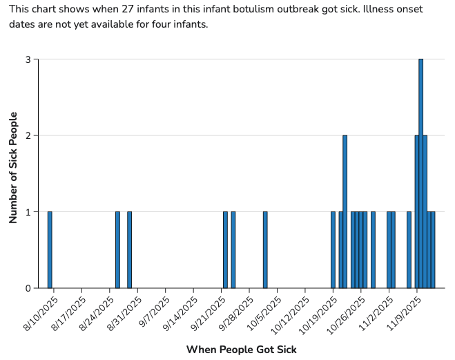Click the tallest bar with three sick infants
click(420, 173)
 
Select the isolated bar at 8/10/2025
click(50, 249)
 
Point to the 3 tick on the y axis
click(28, 59)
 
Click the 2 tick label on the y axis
click(28, 135)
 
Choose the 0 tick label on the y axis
click(28, 288)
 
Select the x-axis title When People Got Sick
click(242, 350)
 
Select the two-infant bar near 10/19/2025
click(345, 211)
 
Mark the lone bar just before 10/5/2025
click(265, 249)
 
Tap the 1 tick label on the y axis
click(28, 211)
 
